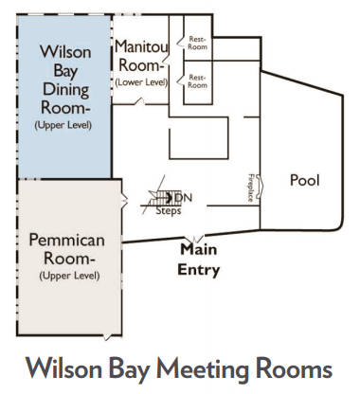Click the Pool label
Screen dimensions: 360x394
[x=305, y=180]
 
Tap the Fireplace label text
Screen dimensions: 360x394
[x=251, y=188]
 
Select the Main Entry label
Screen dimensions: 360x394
[x=199, y=260]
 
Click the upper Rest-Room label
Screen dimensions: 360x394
[x=197, y=43]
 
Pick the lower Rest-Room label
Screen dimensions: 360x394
[x=197, y=81]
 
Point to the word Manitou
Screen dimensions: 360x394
[x=141, y=46]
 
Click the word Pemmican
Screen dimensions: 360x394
[x=66, y=240]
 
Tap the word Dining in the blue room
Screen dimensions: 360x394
[x=65, y=89]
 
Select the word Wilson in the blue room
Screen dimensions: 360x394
[x=65, y=51]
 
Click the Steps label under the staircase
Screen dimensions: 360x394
[x=169, y=211]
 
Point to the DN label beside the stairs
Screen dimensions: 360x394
[x=184, y=198]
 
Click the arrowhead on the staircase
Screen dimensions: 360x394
[x=170, y=197]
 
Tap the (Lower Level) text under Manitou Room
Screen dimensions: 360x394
[x=141, y=82]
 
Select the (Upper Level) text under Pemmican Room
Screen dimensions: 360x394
[x=69, y=276]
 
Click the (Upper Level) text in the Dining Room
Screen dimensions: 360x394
[x=63, y=125]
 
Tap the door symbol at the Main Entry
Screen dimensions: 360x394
[x=197, y=239]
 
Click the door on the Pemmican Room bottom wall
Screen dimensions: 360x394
[x=107, y=337]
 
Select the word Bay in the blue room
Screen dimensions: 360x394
[x=65, y=71]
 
